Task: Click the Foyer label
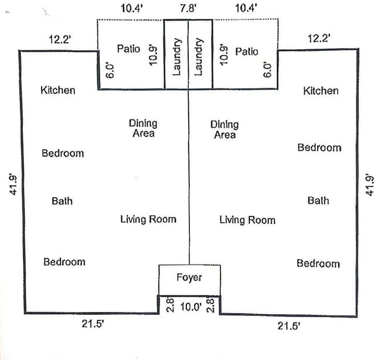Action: [189, 278]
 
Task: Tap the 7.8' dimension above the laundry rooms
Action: [188, 8]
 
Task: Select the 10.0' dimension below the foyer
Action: [190, 307]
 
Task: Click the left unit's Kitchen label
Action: [58, 90]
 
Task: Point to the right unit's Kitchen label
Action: [321, 91]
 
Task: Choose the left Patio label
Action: [128, 49]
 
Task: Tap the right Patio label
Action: [247, 52]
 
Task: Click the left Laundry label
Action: [176, 57]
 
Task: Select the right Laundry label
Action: [199, 57]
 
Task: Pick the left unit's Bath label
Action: [62, 201]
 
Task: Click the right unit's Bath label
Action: [318, 201]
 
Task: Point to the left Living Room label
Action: [148, 219]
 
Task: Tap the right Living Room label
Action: [247, 220]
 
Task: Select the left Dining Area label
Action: [143, 128]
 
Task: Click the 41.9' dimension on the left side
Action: [13, 184]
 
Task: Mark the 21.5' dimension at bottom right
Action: [288, 326]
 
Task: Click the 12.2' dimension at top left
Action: [60, 39]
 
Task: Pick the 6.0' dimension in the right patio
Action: [267, 70]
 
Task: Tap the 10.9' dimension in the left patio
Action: [153, 55]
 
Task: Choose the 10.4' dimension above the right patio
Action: [246, 8]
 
